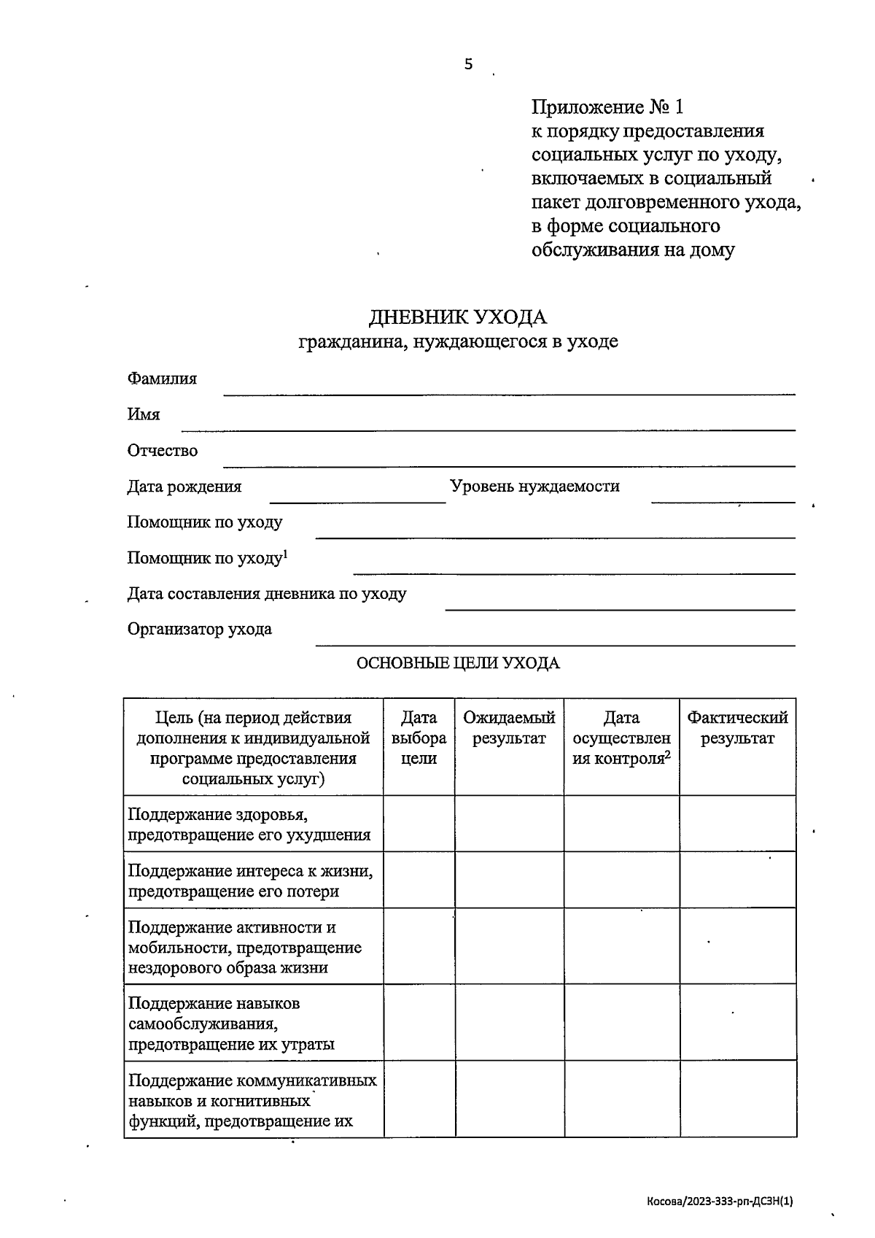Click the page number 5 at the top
point(468,64)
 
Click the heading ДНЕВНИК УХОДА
point(457,317)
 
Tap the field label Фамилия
point(162,379)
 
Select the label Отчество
point(162,450)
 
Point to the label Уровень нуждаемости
point(534,486)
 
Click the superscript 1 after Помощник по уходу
point(286,554)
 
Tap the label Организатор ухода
point(199,629)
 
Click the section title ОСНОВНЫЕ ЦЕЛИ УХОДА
point(457,663)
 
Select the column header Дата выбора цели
point(419,738)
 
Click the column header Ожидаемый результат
point(509,728)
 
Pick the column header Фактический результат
point(737,728)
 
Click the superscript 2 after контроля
point(667,754)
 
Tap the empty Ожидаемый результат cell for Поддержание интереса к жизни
point(509,880)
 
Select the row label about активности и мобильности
point(245,947)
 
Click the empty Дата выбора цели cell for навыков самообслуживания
point(419,1023)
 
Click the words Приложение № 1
point(607,108)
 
